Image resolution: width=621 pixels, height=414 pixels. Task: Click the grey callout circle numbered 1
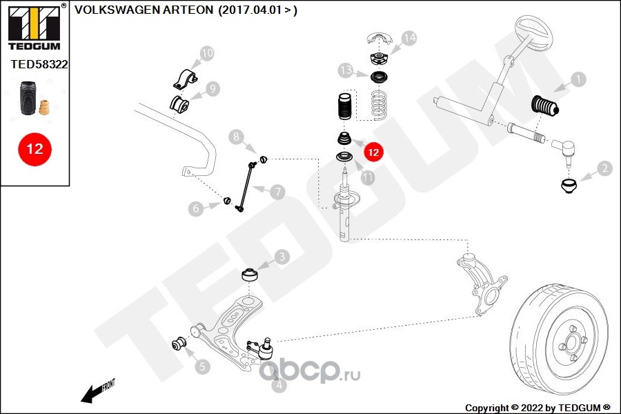pos(578,79)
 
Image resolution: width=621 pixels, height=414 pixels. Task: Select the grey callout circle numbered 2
pos(604,168)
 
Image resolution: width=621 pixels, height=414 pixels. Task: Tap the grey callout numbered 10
pos(207,52)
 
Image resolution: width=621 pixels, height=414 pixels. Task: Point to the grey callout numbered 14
pos(409,38)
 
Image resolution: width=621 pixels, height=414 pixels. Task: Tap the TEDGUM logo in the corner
pos(34,26)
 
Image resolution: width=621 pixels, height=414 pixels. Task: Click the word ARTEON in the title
pos(189,11)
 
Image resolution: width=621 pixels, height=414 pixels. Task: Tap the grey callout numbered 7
pos(277,192)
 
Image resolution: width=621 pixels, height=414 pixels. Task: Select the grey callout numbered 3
pos(282,258)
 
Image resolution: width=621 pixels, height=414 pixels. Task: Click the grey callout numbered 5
pos(201,366)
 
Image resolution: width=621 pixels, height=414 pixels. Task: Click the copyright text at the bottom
pos(538,407)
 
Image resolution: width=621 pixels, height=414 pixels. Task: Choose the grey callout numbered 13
pos(346,70)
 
